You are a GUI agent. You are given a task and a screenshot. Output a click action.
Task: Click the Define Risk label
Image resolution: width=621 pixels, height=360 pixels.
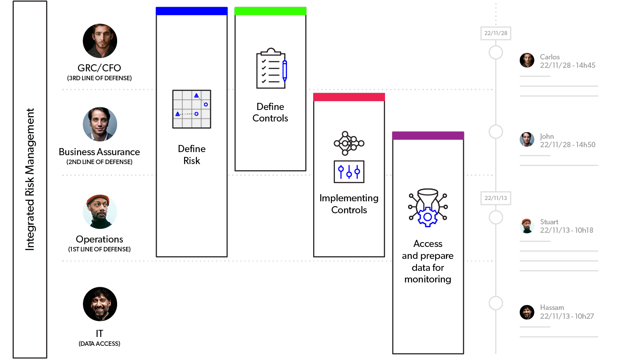pos(192,155)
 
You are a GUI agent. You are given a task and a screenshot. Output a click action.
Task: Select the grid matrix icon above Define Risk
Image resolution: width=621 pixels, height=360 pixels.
pos(192,109)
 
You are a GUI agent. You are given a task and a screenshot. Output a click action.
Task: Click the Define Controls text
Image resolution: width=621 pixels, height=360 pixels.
pos(270,113)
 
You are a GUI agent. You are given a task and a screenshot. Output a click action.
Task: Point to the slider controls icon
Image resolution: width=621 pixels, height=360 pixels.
pos(349,172)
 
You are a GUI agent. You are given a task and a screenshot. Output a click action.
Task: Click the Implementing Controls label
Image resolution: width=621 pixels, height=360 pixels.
pos(349,204)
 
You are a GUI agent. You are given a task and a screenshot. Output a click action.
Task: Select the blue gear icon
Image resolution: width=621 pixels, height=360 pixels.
pos(428,217)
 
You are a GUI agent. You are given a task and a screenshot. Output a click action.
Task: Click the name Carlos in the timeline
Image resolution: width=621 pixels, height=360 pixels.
pos(550,57)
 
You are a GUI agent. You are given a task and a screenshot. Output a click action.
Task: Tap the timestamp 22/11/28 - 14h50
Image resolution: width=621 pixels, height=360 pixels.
pos(567,145)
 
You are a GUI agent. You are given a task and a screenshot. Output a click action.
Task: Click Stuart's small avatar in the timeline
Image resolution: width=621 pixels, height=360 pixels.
pos(527,226)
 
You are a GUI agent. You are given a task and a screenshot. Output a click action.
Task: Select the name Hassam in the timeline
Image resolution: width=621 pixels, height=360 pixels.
pos(552,307)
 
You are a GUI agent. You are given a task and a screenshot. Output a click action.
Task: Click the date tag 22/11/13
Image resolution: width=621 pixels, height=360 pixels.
pos(495,198)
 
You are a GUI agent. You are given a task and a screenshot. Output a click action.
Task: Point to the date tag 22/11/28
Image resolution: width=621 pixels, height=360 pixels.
pos(495,33)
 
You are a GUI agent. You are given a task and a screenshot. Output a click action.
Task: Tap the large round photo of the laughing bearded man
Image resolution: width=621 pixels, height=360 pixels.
pos(100,304)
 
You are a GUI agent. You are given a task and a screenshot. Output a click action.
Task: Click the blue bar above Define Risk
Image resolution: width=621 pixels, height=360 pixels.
pos(192,11)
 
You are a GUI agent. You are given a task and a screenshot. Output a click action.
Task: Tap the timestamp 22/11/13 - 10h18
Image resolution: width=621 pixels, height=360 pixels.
pos(566,230)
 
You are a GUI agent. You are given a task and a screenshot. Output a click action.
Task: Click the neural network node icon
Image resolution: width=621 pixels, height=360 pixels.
pos(349,143)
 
